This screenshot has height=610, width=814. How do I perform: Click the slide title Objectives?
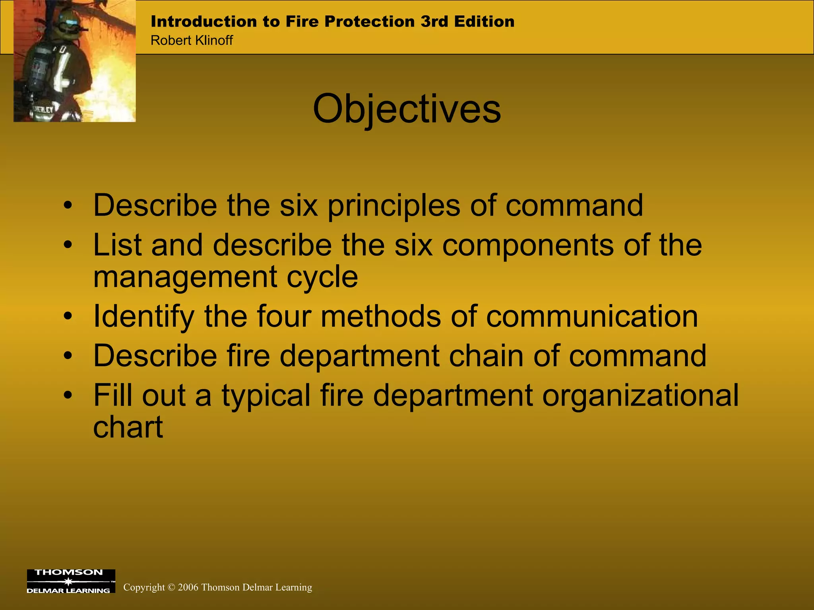(x=407, y=109)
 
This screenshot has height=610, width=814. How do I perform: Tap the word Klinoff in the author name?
(x=213, y=41)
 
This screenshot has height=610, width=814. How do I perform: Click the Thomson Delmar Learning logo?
(x=71, y=581)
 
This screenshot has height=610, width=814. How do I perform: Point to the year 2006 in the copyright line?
(x=188, y=587)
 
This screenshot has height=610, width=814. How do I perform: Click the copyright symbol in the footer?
(x=171, y=587)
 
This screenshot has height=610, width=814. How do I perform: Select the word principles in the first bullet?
(x=393, y=205)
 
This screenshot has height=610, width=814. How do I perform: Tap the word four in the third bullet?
(x=283, y=317)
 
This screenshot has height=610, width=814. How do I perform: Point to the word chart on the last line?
(x=128, y=427)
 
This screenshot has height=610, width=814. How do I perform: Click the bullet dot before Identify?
(x=68, y=317)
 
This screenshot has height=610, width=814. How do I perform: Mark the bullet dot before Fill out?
(x=68, y=396)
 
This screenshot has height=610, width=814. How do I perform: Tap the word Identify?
(x=143, y=317)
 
